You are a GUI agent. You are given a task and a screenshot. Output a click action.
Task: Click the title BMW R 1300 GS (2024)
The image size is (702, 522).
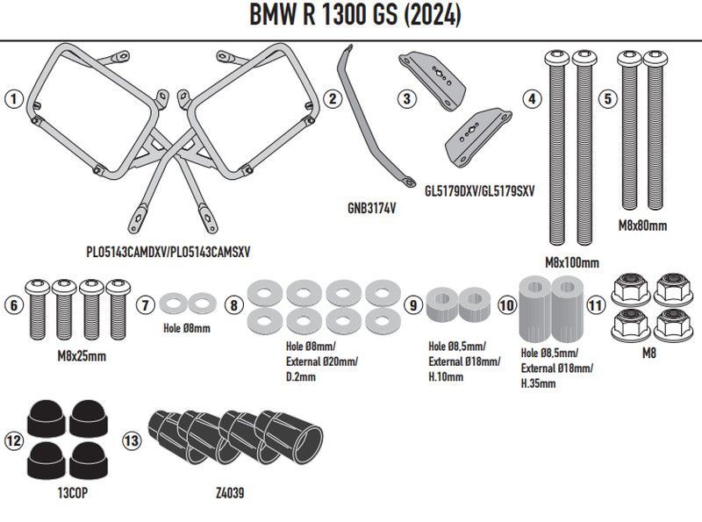coord(350,17)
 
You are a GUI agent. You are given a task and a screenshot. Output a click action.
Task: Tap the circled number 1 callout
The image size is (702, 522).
coord(12,99)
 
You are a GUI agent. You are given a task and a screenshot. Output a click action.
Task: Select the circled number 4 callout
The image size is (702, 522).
coord(532,99)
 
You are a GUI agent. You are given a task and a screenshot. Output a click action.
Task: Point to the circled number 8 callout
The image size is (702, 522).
coord(233,305)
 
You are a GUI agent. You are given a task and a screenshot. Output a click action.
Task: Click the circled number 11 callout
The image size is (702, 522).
coord(597,305)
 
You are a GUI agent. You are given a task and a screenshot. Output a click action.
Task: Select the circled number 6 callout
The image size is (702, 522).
coord(12,305)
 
